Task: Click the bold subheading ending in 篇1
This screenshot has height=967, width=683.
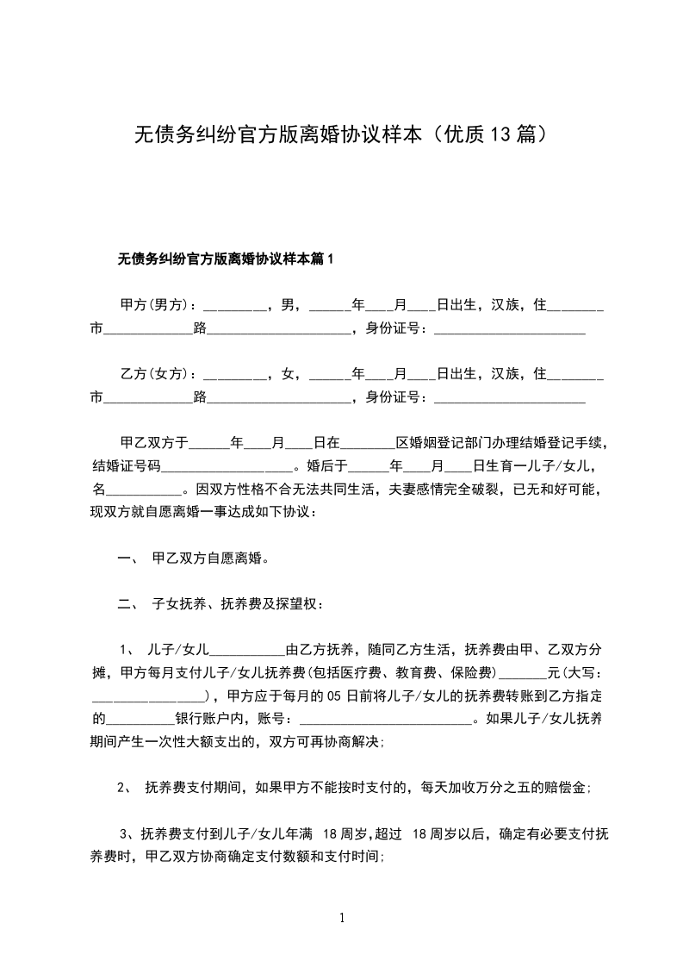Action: tap(224, 258)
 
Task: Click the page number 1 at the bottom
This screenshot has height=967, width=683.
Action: tap(342, 918)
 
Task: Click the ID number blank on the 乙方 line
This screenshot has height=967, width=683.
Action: tap(510, 399)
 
